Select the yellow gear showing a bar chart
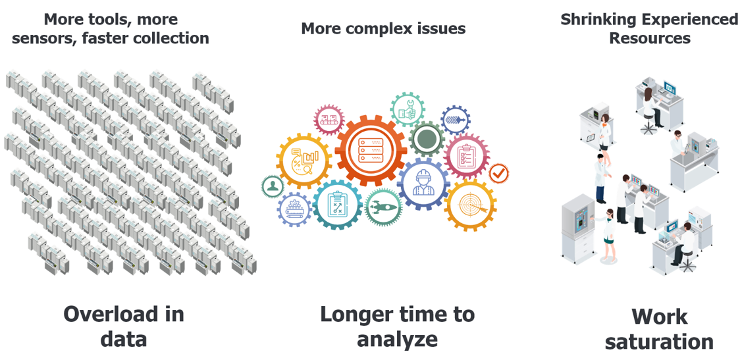(x=305, y=161)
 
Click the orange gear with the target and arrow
(x=470, y=205)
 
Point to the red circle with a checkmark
(x=498, y=173)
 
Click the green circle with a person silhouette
(x=273, y=186)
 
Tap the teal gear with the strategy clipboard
(x=338, y=205)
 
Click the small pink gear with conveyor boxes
(x=329, y=120)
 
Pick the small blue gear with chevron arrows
(x=455, y=120)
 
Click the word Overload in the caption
(x=124, y=314)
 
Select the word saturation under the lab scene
(x=659, y=342)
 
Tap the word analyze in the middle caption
(x=397, y=338)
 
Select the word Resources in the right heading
(x=649, y=38)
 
